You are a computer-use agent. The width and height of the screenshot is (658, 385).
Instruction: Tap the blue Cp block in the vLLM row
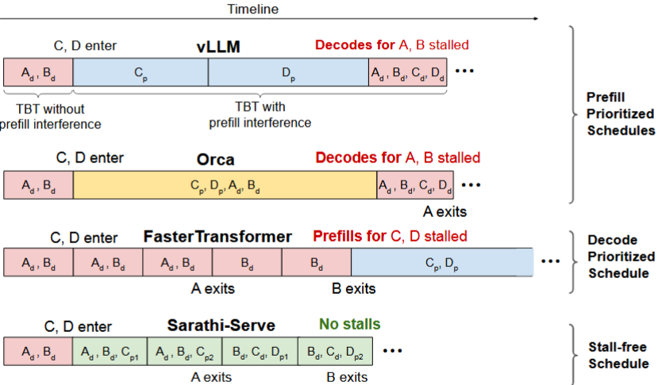click(140, 71)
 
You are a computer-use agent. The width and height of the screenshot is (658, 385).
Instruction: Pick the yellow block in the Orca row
click(225, 185)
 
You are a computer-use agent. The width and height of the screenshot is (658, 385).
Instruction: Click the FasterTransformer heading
click(217, 236)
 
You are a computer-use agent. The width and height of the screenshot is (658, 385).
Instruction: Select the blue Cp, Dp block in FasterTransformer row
click(441, 262)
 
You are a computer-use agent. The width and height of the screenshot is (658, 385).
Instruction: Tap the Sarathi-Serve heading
click(221, 325)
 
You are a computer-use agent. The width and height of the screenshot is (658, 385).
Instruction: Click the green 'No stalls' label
click(349, 324)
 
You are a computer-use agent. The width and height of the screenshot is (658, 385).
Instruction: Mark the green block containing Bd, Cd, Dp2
click(334, 351)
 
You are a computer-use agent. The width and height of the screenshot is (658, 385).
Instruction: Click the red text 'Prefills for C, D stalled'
click(390, 236)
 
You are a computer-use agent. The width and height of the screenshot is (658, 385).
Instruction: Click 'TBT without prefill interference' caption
click(50, 116)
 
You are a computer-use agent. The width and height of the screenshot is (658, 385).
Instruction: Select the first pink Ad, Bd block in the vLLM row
click(38, 71)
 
